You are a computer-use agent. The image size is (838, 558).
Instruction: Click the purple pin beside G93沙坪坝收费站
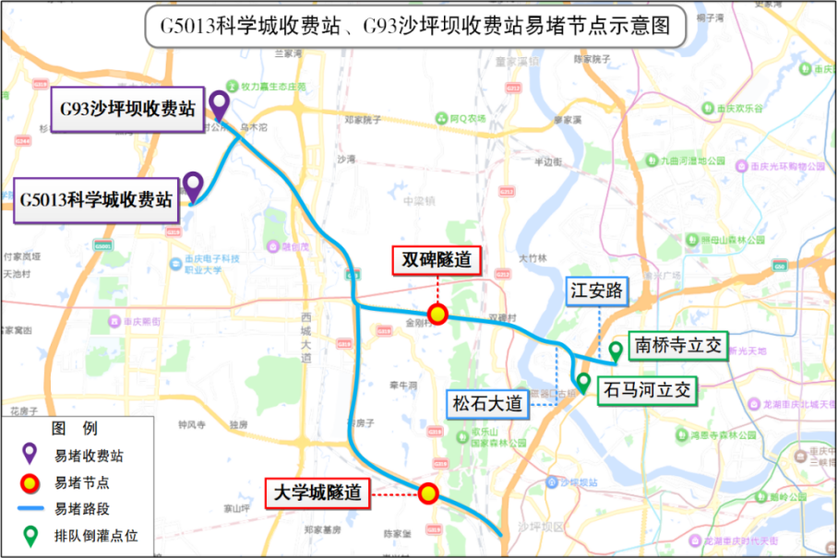219,101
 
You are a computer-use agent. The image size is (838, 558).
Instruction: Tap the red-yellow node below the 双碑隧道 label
437,315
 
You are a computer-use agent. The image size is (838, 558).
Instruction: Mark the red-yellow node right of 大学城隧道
428,493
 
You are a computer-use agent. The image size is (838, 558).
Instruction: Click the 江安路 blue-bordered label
596,291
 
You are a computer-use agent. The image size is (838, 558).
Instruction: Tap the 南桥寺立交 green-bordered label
678,346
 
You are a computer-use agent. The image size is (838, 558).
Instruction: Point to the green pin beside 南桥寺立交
615,350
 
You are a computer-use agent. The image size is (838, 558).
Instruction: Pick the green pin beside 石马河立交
582,381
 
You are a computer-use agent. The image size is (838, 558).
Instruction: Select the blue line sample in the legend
30,508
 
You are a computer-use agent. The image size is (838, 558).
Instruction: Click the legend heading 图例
74,429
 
